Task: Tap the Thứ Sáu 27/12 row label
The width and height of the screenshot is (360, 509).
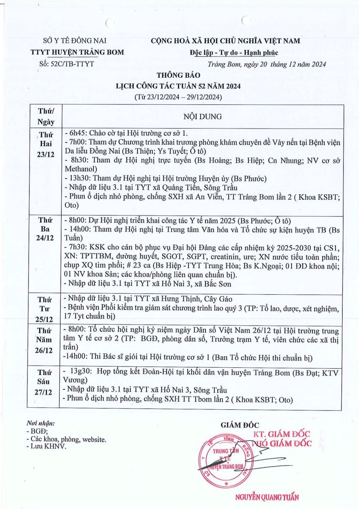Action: point(45,382)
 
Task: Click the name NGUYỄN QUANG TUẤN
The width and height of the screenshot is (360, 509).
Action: point(267,498)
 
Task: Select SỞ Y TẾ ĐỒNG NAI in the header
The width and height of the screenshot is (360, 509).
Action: point(75,41)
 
